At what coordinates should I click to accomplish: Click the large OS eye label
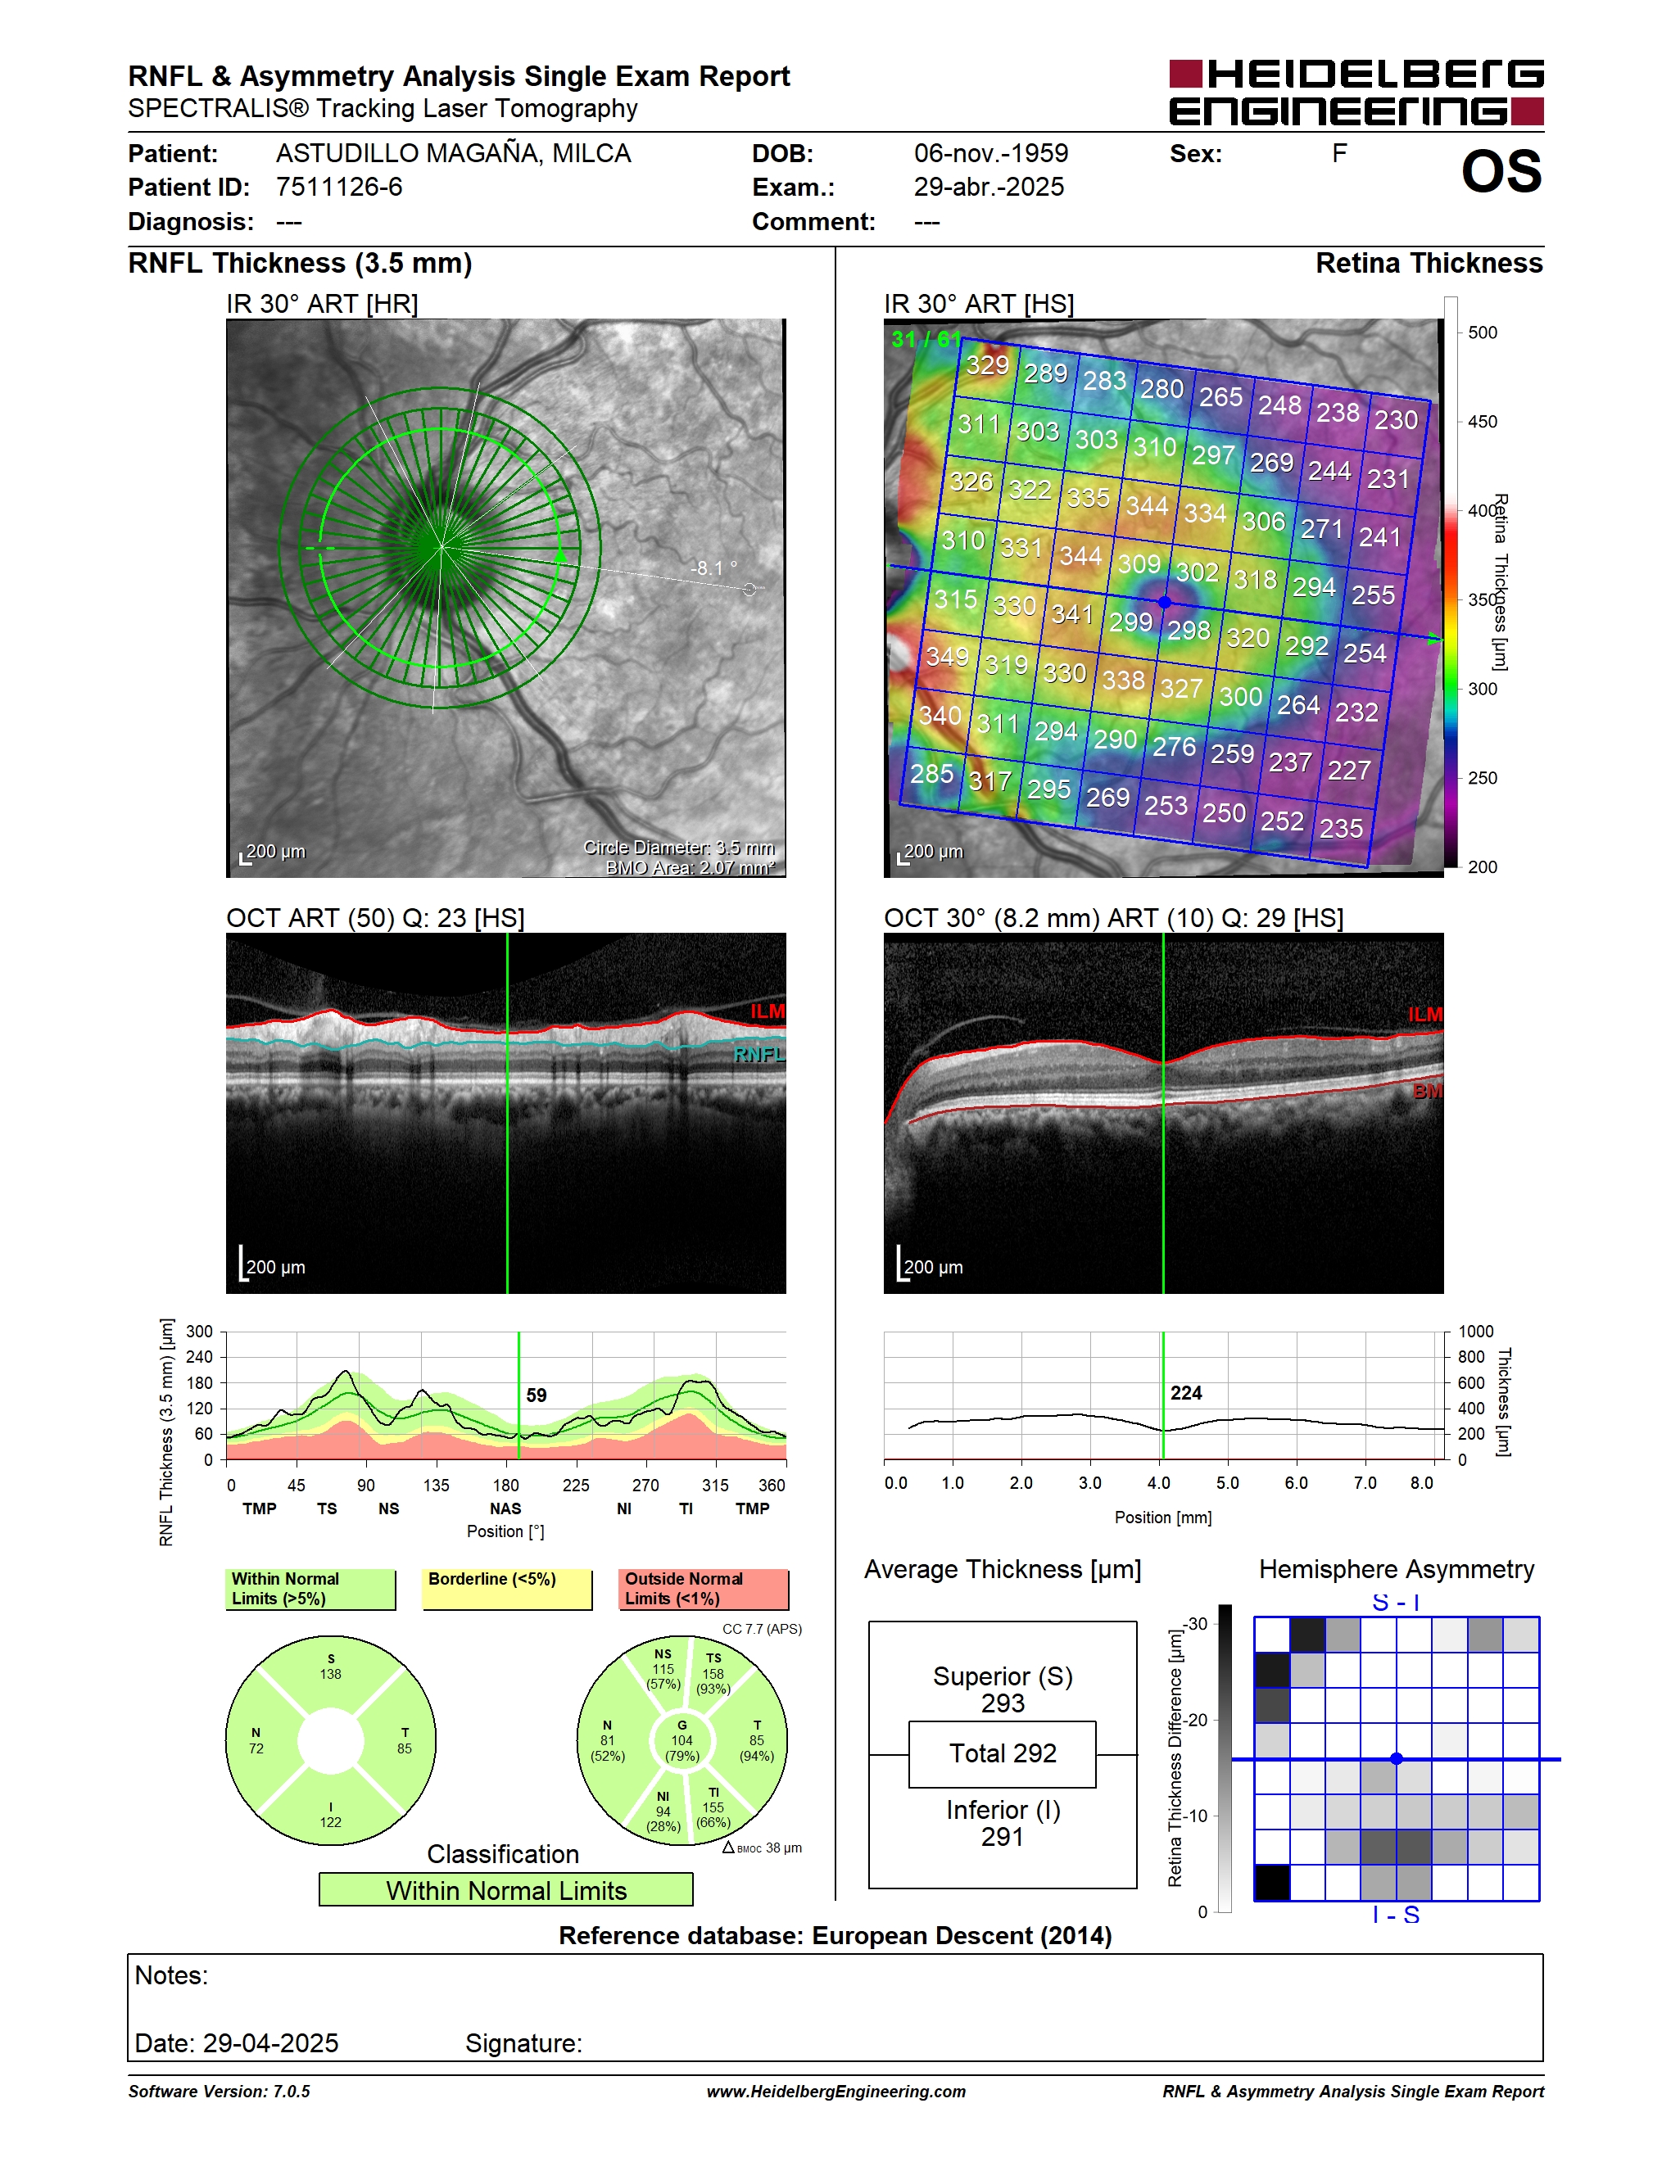pos(1501,172)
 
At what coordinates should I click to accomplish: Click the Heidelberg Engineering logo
pos(1356,92)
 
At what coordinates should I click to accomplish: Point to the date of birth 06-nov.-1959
pos(991,153)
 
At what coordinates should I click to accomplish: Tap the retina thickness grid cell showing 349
pos(948,656)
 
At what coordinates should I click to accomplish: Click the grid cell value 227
pos(1349,770)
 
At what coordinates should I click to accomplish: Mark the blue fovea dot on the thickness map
pos(1164,602)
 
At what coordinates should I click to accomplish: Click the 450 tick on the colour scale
pos(1482,422)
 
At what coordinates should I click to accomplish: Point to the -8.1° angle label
pos(713,568)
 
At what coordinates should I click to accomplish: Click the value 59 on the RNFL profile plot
pos(537,1395)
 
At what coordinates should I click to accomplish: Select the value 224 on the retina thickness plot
pos(1186,1393)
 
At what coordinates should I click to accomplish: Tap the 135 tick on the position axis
pos(436,1485)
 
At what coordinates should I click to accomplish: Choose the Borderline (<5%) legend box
pos(507,1589)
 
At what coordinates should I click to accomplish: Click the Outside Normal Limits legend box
pos(703,1589)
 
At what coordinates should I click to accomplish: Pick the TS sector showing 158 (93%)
pos(713,1674)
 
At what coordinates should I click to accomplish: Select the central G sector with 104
pos(682,1740)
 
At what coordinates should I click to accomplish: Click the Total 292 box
pos(1002,1753)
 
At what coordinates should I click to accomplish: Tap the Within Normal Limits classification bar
pos(506,1890)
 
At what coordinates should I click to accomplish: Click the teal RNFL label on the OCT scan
pos(759,1056)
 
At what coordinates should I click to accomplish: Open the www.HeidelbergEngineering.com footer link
pos(835,2092)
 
